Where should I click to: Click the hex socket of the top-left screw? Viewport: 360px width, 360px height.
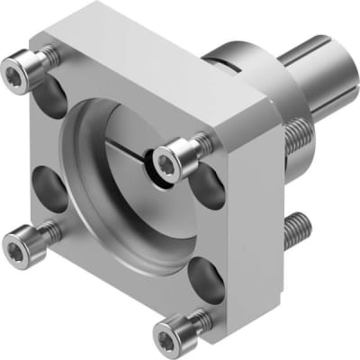click(16, 66)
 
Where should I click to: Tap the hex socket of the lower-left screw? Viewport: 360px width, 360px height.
click(18, 240)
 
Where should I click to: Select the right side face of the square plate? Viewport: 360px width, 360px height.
click(252, 207)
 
